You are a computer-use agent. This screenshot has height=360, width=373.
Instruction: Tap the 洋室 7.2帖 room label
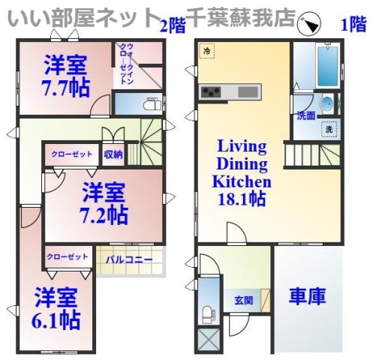pyautogui.click(x=103, y=202)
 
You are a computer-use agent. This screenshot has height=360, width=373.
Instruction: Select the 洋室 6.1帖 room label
pyautogui.click(x=56, y=309)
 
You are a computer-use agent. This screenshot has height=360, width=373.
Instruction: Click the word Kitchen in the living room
pyautogui.click(x=241, y=181)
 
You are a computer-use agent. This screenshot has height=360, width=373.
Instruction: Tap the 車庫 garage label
pyautogui.click(x=307, y=296)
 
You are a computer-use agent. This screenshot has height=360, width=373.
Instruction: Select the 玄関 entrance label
pyautogui.click(x=243, y=300)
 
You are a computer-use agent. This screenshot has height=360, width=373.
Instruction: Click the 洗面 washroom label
pyautogui.click(x=305, y=116)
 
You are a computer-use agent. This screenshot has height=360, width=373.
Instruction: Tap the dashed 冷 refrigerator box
pyautogui.click(x=206, y=52)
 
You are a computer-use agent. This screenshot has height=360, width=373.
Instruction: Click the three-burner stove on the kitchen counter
pyautogui.click(x=209, y=91)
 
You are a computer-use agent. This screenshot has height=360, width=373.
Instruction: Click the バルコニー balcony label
pyautogui.click(x=128, y=260)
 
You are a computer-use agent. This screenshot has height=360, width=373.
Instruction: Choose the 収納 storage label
pyautogui.click(x=113, y=154)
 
